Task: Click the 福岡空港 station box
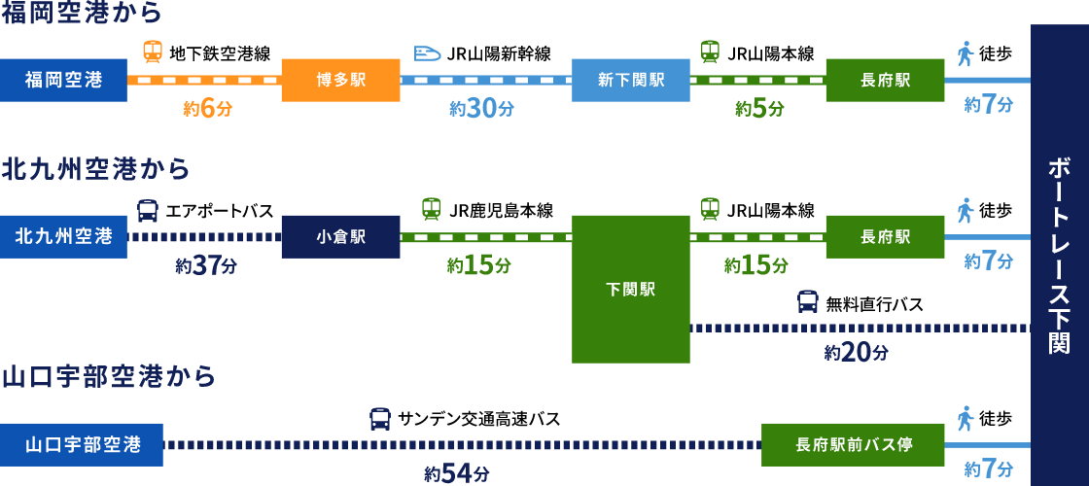[63, 80]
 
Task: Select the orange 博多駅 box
[340, 80]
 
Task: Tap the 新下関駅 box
[631, 80]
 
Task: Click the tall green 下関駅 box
[631, 289]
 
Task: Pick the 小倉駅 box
[340, 236]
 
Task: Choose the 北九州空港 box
[63, 236]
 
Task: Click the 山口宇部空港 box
[82, 444]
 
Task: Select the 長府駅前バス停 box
[853, 444]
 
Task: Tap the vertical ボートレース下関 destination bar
[1059, 255]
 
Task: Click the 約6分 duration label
[208, 109]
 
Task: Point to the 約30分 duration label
[481, 109]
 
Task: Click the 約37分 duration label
[206, 265]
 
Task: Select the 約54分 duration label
[457, 473]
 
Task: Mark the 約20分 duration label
[856, 353]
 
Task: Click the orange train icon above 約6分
[153, 52]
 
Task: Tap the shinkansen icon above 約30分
[428, 52]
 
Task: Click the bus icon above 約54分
[380, 419]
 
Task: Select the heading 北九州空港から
[96, 169]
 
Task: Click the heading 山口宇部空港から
[109, 376]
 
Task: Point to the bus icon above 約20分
[808, 301]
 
